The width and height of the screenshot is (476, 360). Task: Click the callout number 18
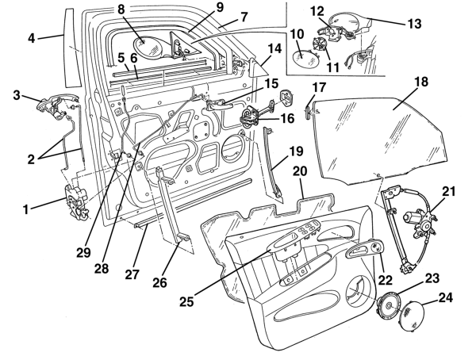[421, 82]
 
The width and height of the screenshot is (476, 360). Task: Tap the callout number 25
[186, 301]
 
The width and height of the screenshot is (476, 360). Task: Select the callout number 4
[32, 39]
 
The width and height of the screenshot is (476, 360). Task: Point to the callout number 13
[415, 23]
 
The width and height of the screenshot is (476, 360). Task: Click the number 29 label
[83, 252]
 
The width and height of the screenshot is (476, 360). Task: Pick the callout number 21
[449, 192]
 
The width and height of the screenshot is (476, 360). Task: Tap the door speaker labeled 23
[389, 305]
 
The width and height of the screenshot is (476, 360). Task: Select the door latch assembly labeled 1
[77, 203]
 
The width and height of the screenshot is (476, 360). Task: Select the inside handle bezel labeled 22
[365, 250]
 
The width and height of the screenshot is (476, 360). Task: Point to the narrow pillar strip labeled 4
[72, 47]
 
